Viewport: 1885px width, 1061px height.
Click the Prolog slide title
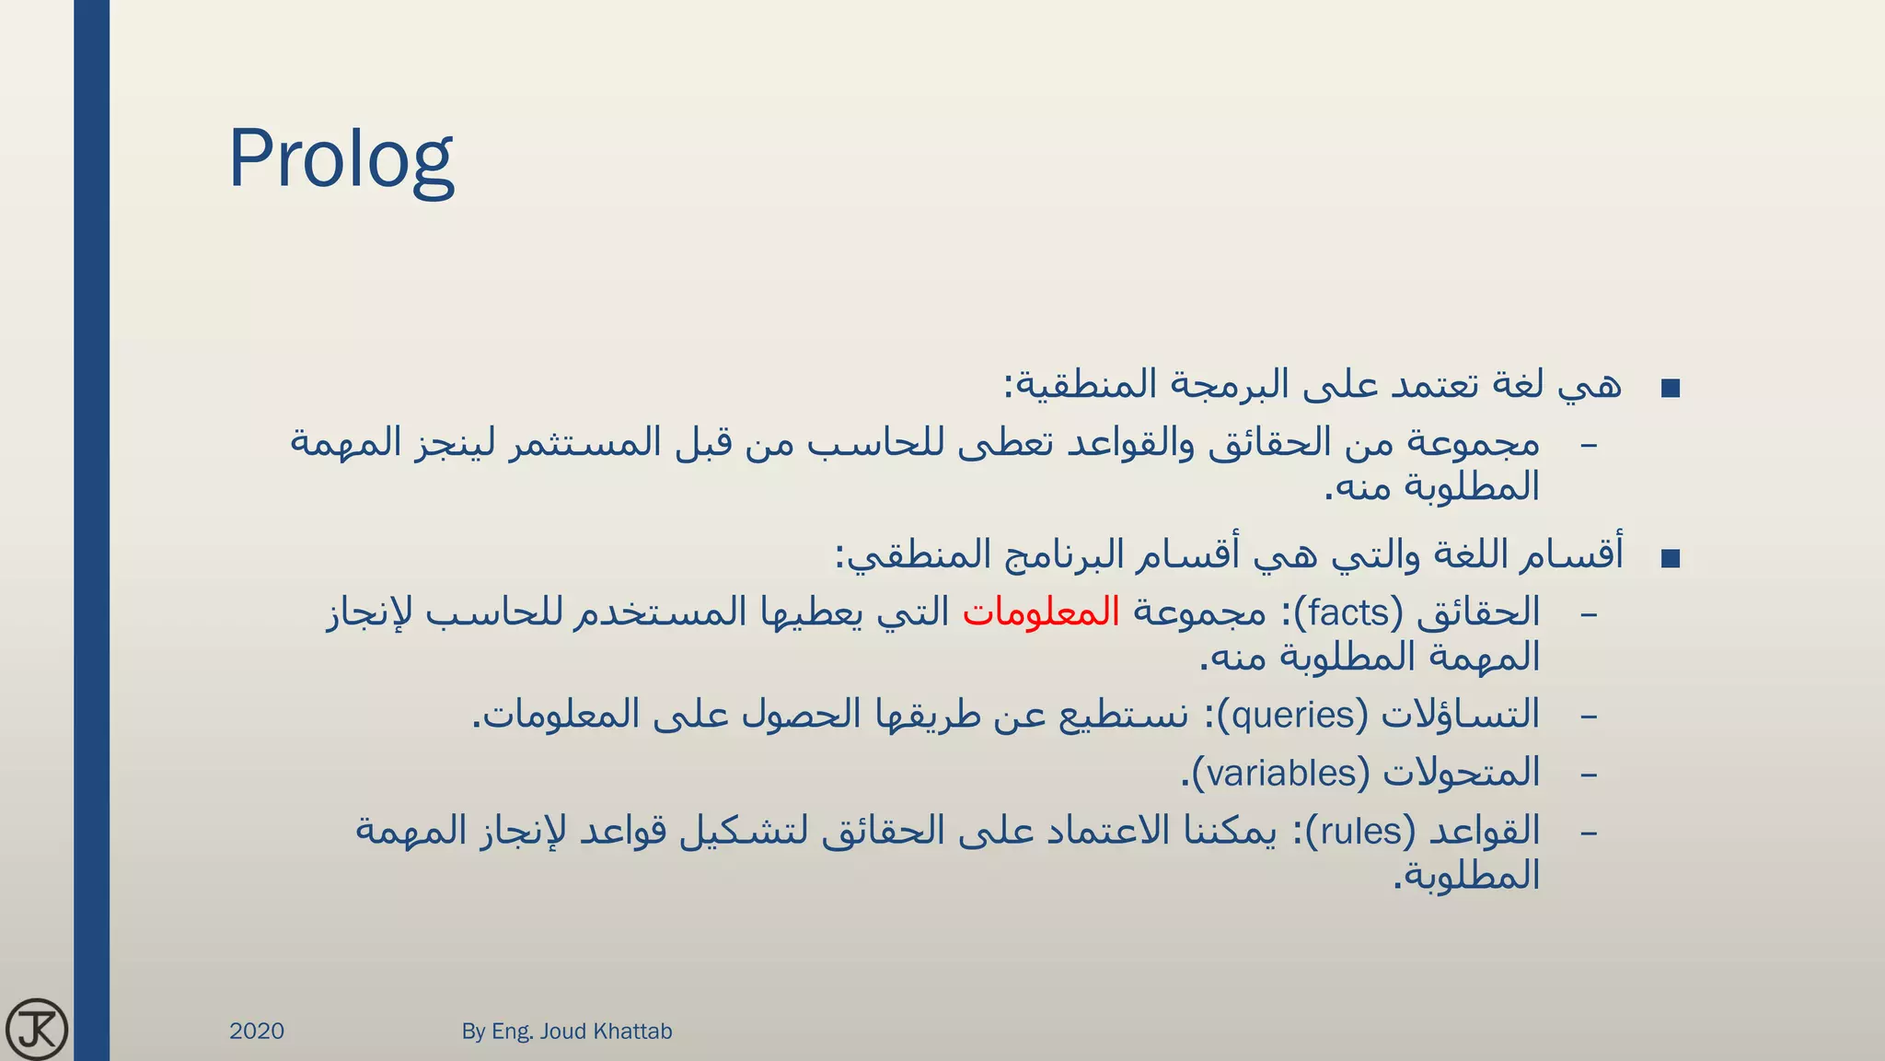pyautogui.click(x=341, y=160)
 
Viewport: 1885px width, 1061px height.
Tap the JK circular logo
pyautogui.click(x=37, y=1029)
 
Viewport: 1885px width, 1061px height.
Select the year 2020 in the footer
pyautogui.click(x=257, y=1031)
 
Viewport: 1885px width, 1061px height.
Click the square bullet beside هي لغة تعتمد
pyautogui.click(x=1671, y=389)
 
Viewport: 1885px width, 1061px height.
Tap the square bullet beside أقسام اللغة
pyautogui.click(x=1671, y=558)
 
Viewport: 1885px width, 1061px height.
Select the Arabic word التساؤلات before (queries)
pyautogui.click(x=1461, y=715)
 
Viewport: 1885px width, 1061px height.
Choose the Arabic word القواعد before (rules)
pyautogui.click(x=1484, y=831)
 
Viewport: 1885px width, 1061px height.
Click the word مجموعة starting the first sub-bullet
pyautogui.click(x=1474, y=444)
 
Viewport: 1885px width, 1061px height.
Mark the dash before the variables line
pyautogui.click(x=1589, y=775)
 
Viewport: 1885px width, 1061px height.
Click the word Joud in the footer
pyautogui.click(x=562, y=1031)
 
